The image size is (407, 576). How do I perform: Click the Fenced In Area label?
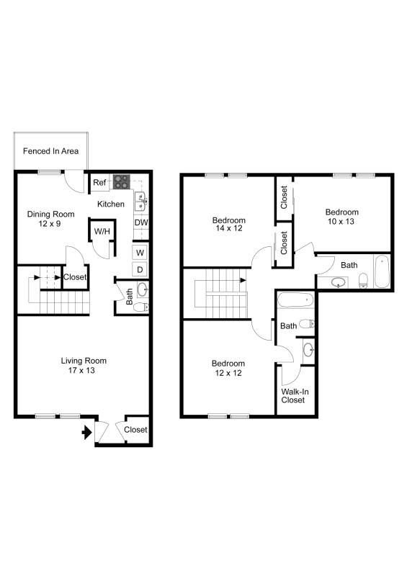pyautogui.click(x=50, y=151)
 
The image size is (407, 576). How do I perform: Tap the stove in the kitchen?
pyautogui.click(x=120, y=182)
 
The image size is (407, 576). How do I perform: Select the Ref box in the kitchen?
pyautogui.click(x=99, y=183)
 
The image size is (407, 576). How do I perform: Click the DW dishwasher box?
pyautogui.click(x=141, y=222)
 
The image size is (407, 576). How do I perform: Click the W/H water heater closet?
pyautogui.click(x=100, y=232)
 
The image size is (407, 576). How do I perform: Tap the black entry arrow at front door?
pyautogui.click(x=86, y=433)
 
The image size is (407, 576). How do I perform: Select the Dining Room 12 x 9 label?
pyautogui.click(x=51, y=219)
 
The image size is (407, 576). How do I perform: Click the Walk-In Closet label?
pyautogui.click(x=293, y=395)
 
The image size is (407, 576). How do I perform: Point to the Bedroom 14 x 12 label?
pyautogui.click(x=228, y=225)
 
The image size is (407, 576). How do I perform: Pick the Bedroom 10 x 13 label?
pyautogui.click(x=341, y=217)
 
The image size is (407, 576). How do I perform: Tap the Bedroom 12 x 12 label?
pyautogui.click(x=228, y=369)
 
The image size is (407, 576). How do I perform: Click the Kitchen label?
pyautogui.click(x=111, y=204)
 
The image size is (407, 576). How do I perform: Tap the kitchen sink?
pyautogui.click(x=140, y=198)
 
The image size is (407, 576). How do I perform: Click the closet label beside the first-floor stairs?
pyautogui.click(x=76, y=277)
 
